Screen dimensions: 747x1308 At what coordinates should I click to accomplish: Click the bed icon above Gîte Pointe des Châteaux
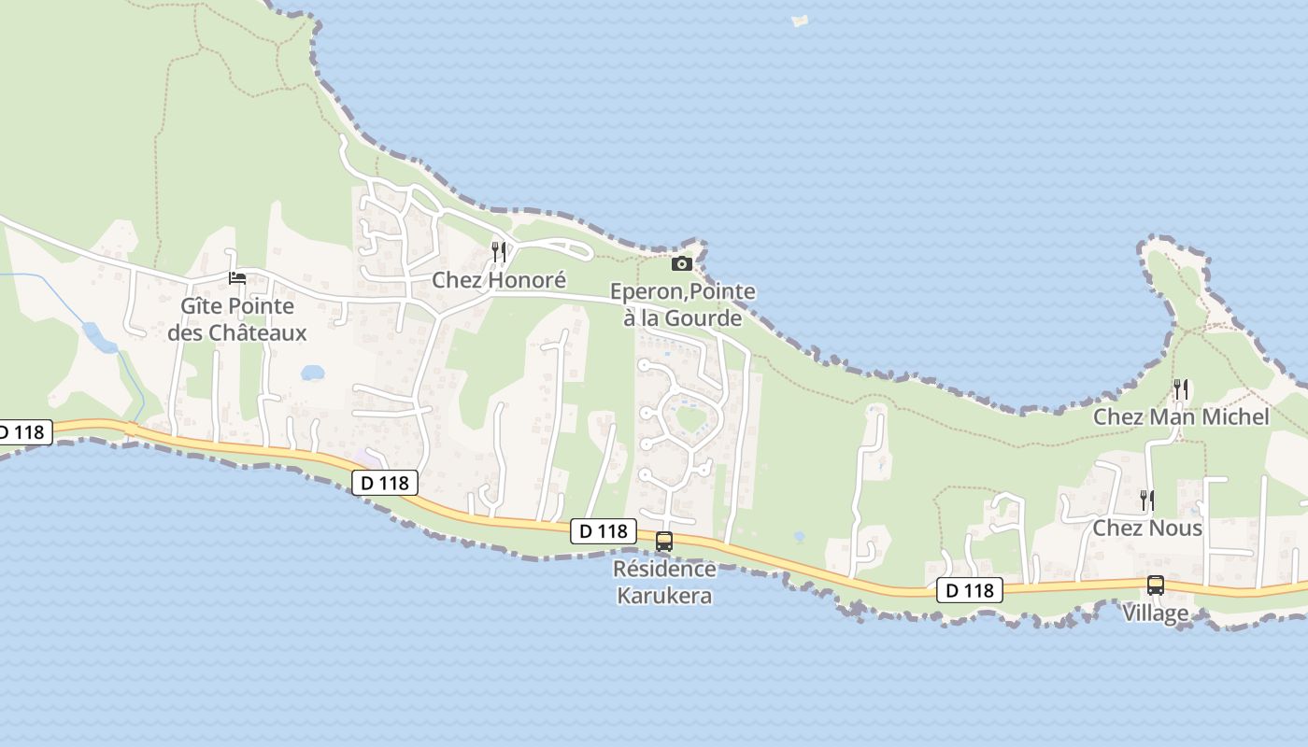(x=237, y=278)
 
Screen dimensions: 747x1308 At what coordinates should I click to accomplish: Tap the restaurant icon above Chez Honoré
(x=499, y=251)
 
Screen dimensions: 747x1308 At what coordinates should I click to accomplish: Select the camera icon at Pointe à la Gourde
(x=682, y=264)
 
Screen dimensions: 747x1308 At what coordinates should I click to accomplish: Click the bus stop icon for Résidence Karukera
(x=664, y=542)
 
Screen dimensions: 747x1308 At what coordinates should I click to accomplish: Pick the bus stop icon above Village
(x=1156, y=585)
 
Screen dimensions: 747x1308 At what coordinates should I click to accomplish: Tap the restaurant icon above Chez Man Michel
(x=1181, y=389)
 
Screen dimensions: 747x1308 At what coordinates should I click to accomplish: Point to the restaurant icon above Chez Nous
(x=1147, y=500)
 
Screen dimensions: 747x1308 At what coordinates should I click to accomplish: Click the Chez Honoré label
(x=499, y=280)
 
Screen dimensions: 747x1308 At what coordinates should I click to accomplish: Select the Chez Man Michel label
(x=1181, y=416)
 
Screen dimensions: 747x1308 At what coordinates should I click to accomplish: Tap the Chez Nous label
(x=1147, y=528)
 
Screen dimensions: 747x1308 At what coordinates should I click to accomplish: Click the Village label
(x=1156, y=613)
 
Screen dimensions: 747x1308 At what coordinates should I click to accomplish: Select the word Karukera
(x=664, y=595)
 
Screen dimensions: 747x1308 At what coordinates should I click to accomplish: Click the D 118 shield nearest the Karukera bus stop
(x=604, y=531)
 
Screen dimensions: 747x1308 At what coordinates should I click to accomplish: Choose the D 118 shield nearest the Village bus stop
(x=970, y=590)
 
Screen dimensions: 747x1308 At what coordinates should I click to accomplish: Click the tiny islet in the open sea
(x=800, y=21)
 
